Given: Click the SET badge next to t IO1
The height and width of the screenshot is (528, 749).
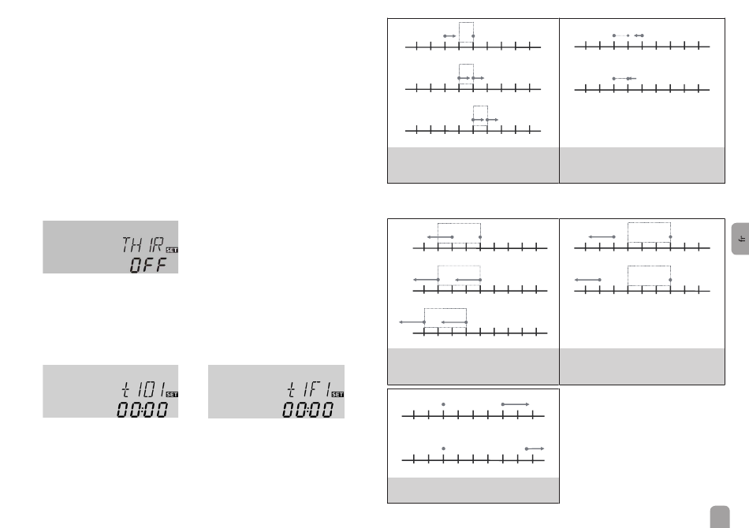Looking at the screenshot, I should click(x=173, y=394).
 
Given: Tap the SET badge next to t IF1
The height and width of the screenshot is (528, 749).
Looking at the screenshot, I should click(x=338, y=394).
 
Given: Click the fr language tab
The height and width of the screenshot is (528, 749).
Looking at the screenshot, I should click(x=738, y=236).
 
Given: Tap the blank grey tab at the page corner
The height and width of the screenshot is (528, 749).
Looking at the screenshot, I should click(x=717, y=516).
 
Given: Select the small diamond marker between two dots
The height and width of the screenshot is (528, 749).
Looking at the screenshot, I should click(x=628, y=35).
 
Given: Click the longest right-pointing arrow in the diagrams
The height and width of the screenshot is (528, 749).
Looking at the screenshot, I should click(x=516, y=403).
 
